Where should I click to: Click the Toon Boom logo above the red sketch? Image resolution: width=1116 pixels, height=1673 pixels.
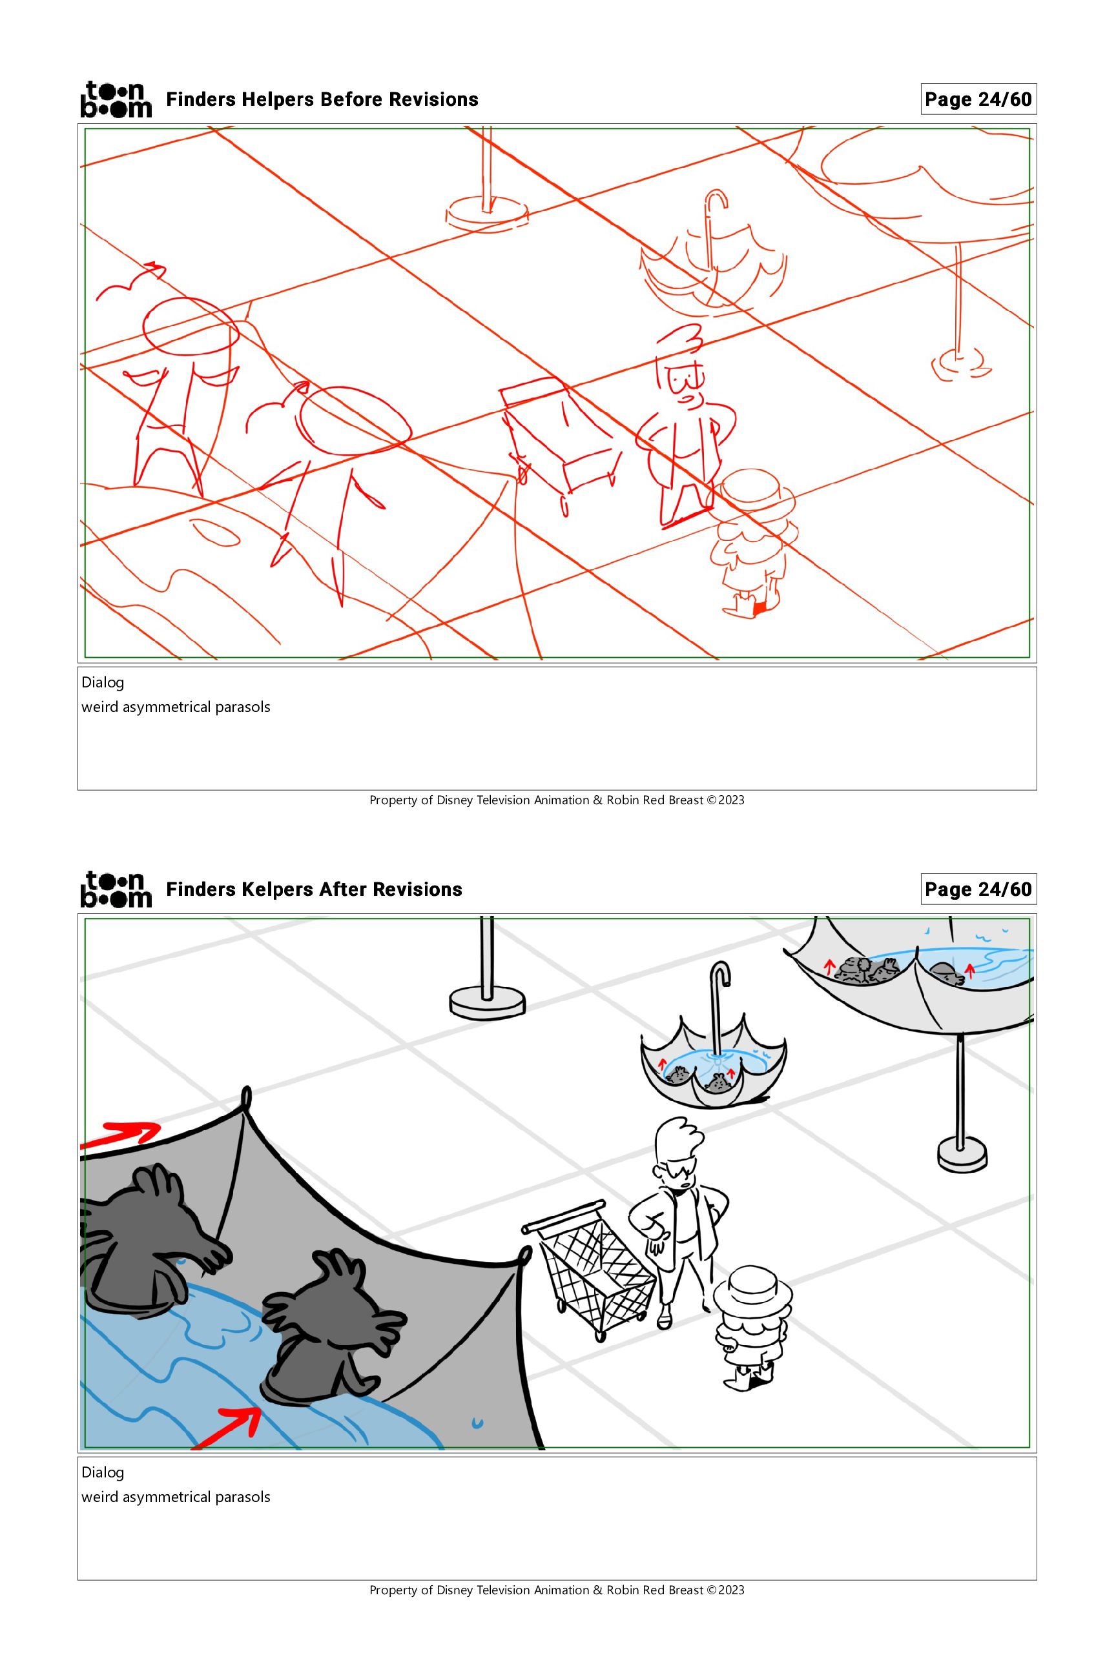pyautogui.click(x=116, y=99)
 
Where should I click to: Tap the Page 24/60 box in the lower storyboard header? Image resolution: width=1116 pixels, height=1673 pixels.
pyautogui.click(x=978, y=889)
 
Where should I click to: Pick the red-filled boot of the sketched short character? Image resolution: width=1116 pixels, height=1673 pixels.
pyautogui.click(x=759, y=607)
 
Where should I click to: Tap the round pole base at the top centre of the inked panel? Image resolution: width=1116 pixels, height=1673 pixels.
pyautogui.click(x=488, y=1004)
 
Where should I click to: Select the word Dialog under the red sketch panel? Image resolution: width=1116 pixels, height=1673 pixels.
pyautogui.click(x=103, y=683)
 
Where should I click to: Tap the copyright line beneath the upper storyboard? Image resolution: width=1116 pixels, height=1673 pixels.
pyautogui.click(x=557, y=800)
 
